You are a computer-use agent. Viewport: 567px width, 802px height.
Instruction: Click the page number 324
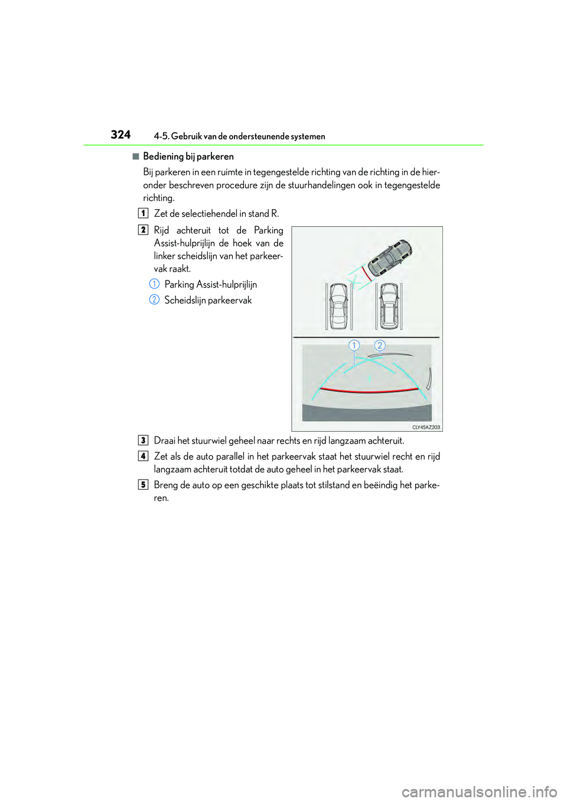coord(120,135)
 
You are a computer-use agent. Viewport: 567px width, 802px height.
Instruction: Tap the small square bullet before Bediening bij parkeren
coord(135,157)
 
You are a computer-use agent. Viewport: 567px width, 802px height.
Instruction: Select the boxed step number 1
coord(143,213)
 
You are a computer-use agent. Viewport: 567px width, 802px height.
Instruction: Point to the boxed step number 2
coord(143,230)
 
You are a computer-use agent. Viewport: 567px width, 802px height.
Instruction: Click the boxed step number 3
coord(143,441)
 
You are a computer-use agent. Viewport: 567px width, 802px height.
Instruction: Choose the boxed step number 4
coord(143,456)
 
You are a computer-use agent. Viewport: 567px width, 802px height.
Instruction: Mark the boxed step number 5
coord(143,485)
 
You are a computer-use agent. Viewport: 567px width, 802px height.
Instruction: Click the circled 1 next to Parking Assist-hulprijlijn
coord(154,284)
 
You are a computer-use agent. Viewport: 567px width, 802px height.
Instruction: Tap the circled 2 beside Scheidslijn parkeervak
coord(154,300)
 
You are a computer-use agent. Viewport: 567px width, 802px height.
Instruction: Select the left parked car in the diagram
coord(338,305)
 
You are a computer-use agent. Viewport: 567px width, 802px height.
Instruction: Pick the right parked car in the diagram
coord(389,305)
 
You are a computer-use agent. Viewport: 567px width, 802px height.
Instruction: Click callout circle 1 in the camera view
coord(354,345)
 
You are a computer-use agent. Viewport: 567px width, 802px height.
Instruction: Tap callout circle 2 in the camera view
coord(380,345)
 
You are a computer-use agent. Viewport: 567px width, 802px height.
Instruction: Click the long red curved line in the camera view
coord(369,391)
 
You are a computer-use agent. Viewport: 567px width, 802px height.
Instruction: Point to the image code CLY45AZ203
coord(425,427)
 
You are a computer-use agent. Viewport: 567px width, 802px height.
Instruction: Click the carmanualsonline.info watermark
coord(479,791)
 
